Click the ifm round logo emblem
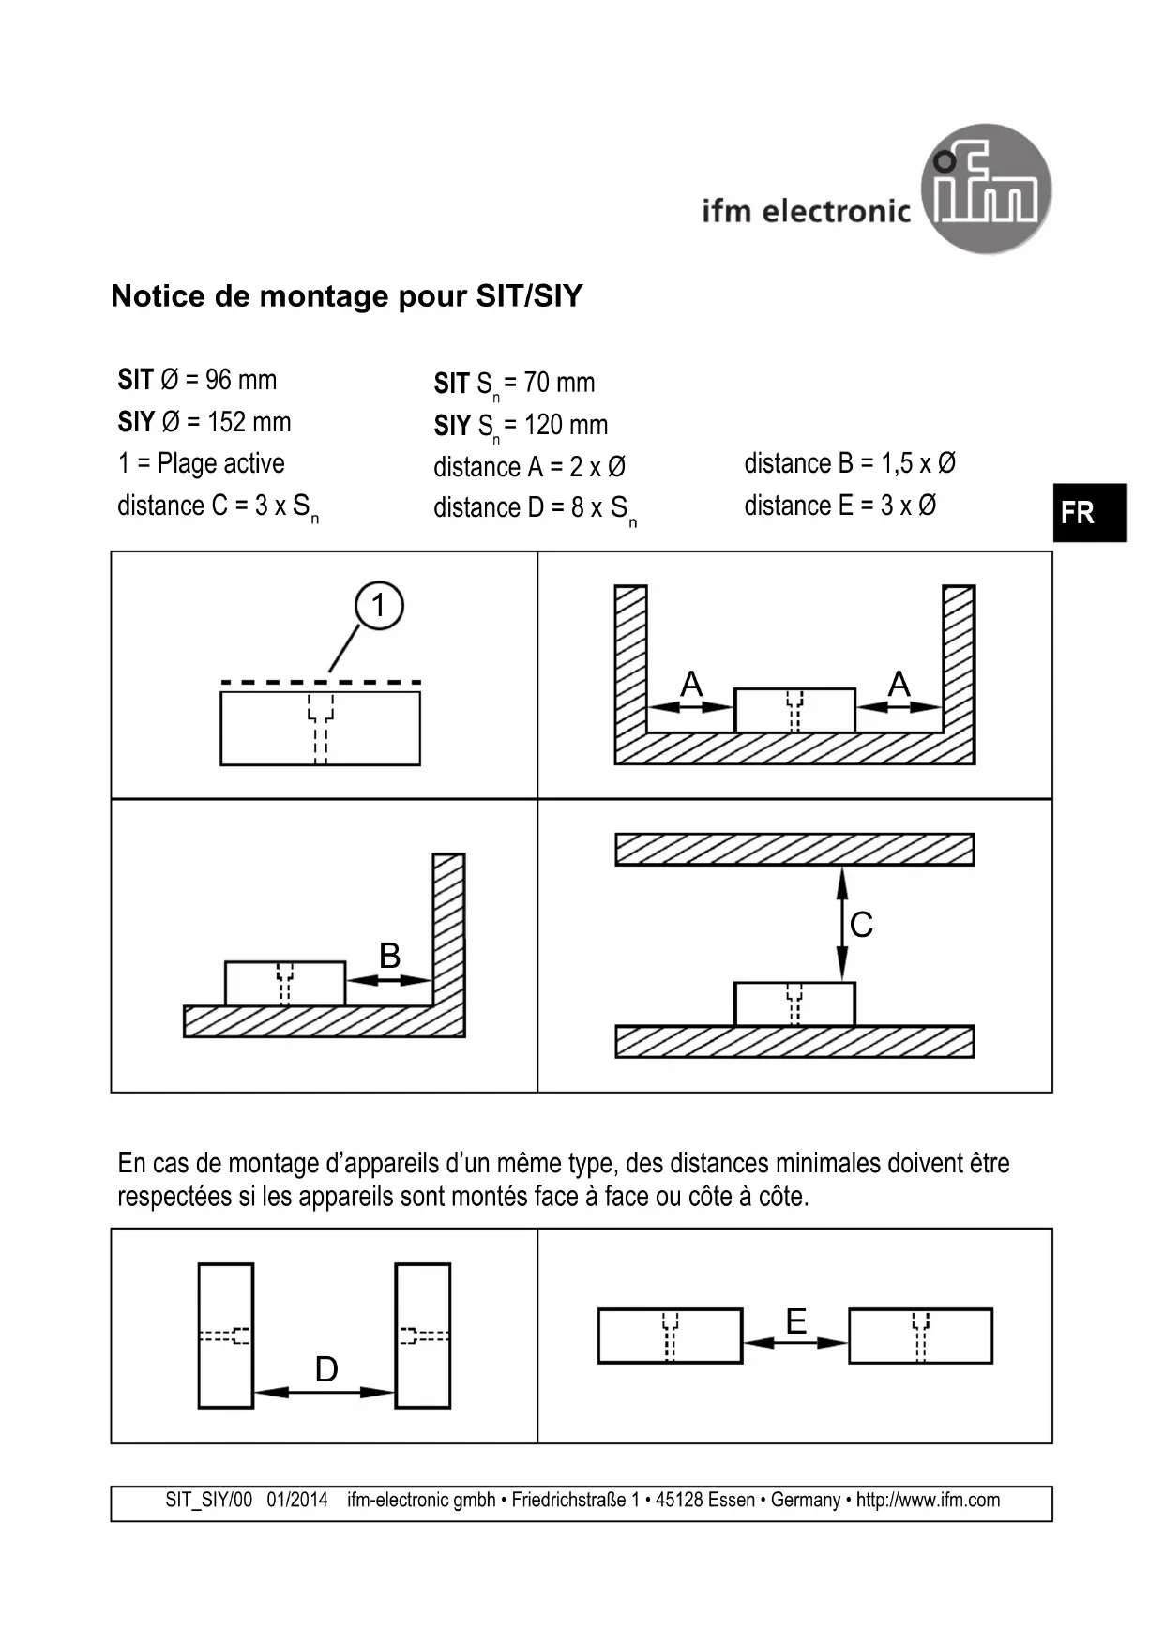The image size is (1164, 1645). (x=986, y=189)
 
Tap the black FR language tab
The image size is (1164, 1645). (x=1089, y=513)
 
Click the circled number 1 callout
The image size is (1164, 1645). (x=379, y=605)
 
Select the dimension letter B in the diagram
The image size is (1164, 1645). (x=389, y=956)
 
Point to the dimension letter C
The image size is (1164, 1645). (x=861, y=925)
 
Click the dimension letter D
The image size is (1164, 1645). (x=326, y=1369)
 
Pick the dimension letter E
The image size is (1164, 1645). (x=795, y=1321)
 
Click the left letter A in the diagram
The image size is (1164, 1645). (x=691, y=684)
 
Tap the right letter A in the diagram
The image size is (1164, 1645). (x=899, y=684)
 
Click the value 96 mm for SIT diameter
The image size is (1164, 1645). (x=241, y=380)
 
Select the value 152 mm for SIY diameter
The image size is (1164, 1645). (x=249, y=422)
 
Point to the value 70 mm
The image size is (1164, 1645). (x=559, y=383)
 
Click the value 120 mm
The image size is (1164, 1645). (x=566, y=425)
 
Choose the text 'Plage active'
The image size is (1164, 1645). (x=221, y=463)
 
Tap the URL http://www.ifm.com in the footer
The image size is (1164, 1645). (x=928, y=1500)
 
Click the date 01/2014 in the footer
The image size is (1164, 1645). (x=297, y=1500)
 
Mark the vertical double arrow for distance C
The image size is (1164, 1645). (x=841, y=924)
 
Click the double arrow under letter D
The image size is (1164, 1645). (x=325, y=1393)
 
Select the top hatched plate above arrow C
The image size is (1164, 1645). (x=794, y=850)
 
